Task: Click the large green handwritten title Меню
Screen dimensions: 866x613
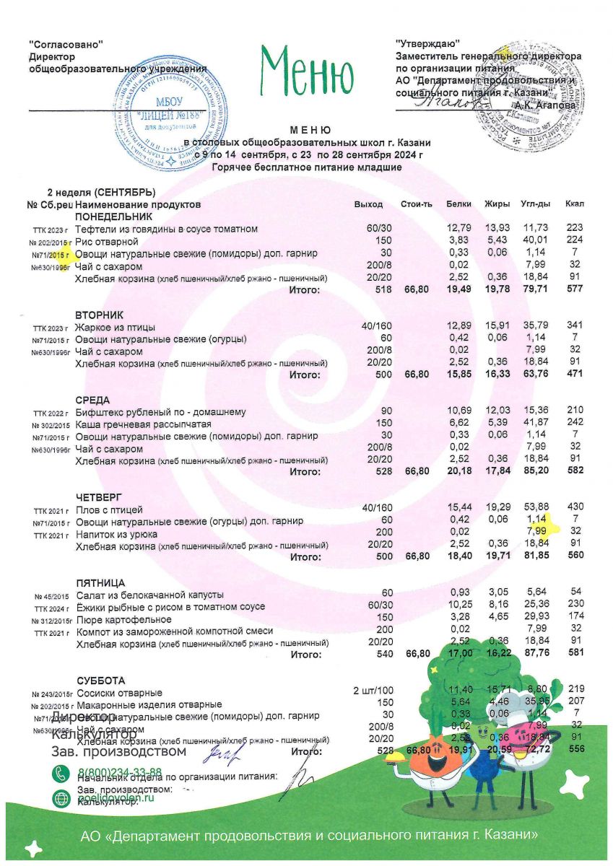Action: [x=307, y=71]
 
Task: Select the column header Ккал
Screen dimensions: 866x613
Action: [x=575, y=204]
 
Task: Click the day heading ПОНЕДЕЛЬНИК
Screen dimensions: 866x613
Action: [x=114, y=216]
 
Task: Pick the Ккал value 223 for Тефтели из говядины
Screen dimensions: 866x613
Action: [x=575, y=229]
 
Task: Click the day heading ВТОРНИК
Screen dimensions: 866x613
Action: [x=100, y=315]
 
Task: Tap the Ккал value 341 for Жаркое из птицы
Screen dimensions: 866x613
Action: [x=575, y=328]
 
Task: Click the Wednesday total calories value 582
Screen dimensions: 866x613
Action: [x=575, y=472]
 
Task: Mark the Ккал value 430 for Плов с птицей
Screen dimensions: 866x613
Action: [x=575, y=509]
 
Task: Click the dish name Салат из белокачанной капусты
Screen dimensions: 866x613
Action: [x=150, y=595]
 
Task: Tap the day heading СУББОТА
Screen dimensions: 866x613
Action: [x=100, y=681]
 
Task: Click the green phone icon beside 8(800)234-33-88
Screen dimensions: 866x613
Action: [x=61, y=773]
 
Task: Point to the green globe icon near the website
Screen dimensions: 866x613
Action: [x=61, y=798]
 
